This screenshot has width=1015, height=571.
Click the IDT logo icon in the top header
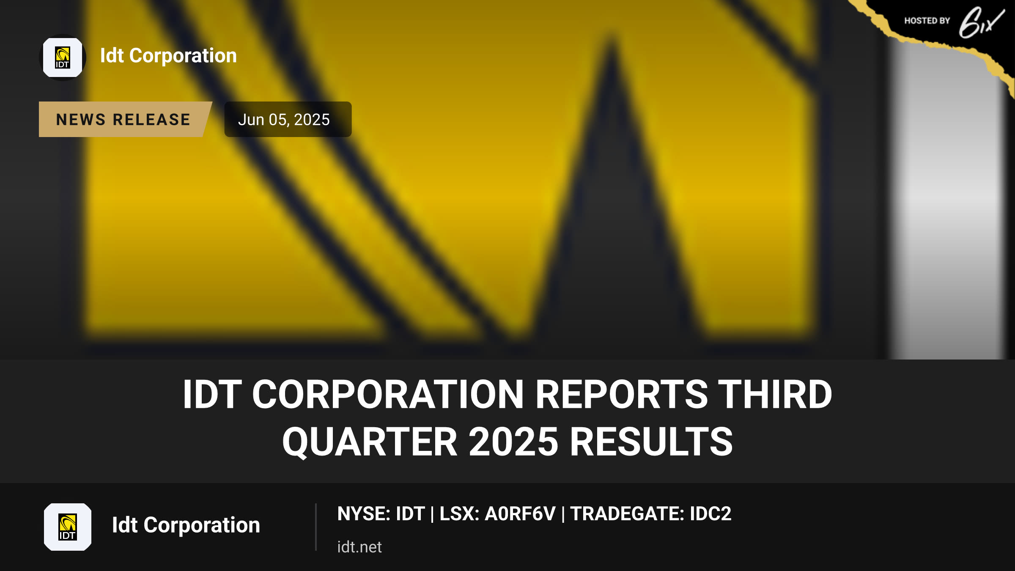click(x=63, y=58)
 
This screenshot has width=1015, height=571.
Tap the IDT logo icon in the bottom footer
click(x=68, y=527)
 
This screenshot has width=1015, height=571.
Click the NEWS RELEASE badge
click(x=123, y=119)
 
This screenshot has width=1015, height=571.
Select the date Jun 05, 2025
click(x=284, y=120)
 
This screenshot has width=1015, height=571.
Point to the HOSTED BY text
click(x=927, y=21)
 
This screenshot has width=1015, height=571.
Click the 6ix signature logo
click(x=981, y=22)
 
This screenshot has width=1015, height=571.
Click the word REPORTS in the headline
click(x=622, y=394)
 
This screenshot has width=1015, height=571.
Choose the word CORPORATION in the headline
click(x=388, y=394)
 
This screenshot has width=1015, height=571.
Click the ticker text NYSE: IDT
click(x=381, y=514)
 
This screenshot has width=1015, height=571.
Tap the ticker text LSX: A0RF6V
click(x=497, y=514)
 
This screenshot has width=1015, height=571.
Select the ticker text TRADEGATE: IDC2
click(x=651, y=514)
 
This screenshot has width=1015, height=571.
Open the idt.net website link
click(x=359, y=547)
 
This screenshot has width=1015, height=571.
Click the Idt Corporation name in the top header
click(x=168, y=56)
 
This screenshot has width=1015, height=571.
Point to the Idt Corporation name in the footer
click(x=186, y=525)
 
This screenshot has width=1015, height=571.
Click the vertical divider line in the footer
click(x=316, y=527)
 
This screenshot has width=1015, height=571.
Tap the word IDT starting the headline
click(x=212, y=394)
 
